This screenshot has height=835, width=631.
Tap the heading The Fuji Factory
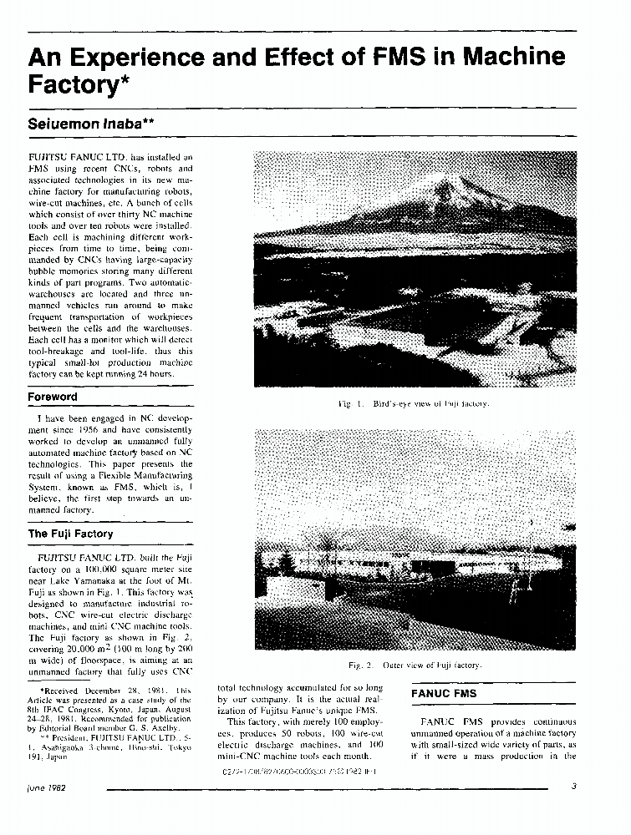(70, 534)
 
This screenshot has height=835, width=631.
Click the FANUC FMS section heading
(443, 694)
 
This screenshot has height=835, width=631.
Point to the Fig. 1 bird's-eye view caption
(413, 404)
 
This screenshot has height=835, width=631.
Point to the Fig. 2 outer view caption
(415, 665)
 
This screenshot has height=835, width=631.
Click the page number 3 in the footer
(574, 787)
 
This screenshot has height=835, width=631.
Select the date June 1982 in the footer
(47, 787)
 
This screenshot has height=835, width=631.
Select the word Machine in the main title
(512, 58)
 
